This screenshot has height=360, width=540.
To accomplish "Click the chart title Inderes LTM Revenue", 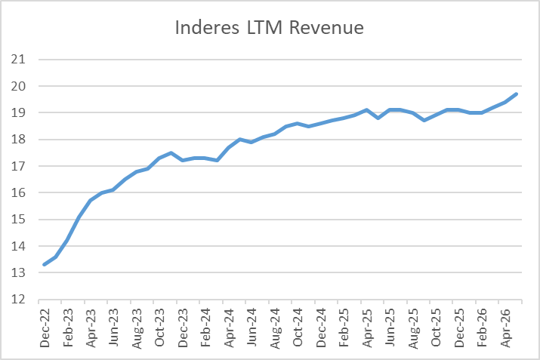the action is pyautogui.click(x=270, y=27).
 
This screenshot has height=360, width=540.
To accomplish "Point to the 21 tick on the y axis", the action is pyautogui.click(x=18, y=60).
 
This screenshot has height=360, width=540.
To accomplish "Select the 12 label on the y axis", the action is pyautogui.click(x=18, y=299).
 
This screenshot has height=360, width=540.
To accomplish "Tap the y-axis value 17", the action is pyautogui.click(x=18, y=166).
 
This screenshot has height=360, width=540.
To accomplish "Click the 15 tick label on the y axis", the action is pyautogui.click(x=18, y=219).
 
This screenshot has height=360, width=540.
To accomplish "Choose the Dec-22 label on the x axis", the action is pyautogui.click(x=45, y=328).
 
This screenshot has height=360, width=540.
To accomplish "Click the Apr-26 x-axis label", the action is pyautogui.click(x=505, y=328).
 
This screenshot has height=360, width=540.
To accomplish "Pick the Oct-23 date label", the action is pyautogui.click(x=160, y=328).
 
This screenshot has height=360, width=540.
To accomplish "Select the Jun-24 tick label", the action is pyautogui.click(x=251, y=328).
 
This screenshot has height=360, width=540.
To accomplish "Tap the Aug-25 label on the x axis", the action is pyautogui.click(x=413, y=328).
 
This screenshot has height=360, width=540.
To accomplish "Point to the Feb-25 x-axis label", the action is pyautogui.click(x=344, y=328).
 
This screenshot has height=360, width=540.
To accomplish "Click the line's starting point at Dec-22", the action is pyautogui.click(x=45, y=264).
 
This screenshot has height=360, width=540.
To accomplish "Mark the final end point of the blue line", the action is pyautogui.click(x=517, y=94).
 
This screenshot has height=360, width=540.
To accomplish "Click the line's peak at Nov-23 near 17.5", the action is pyautogui.click(x=171, y=152).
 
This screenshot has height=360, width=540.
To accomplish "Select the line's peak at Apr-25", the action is pyautogui.click(x=367, y=110).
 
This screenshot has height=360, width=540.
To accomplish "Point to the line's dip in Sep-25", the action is pyautogui.click(x=424, y=121).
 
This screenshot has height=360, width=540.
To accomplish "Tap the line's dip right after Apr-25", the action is pyautogui.click(x=378, y=118).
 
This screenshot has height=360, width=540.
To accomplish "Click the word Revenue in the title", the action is pyautogui.click(x=326, y=27).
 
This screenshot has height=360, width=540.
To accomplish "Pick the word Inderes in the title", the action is pyautogui.click(x=207, y=27).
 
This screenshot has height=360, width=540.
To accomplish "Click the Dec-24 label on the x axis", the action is pyautogui.click(x=321, y=328).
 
